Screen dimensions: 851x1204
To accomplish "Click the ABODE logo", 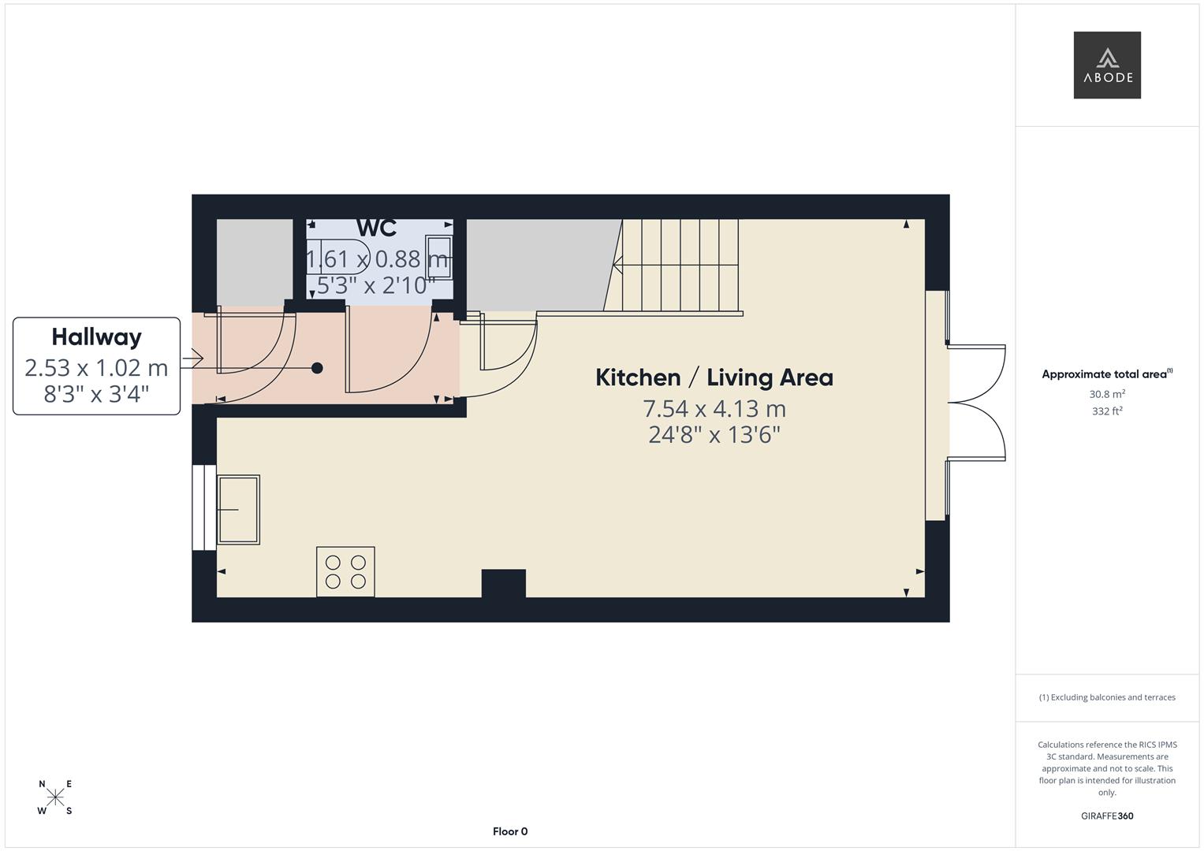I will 1106,65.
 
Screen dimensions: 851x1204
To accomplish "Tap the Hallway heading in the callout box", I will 96,337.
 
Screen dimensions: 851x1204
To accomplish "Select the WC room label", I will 376,228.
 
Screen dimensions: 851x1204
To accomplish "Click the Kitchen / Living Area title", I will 714,377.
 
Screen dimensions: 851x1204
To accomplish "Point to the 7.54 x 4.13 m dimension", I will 714,409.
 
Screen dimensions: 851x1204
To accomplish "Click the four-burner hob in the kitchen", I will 345,571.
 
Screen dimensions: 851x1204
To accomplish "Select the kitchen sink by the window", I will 238,509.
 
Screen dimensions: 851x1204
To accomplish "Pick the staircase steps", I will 680,266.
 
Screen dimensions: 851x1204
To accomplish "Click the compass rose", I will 55,797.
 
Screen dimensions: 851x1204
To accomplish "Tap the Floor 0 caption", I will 510,831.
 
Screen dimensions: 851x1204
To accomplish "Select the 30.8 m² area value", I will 1107,394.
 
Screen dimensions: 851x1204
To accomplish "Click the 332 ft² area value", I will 1107,411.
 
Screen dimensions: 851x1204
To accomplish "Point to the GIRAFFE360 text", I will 1107,816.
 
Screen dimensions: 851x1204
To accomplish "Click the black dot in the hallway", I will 317,368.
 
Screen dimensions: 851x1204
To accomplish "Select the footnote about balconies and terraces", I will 1107,697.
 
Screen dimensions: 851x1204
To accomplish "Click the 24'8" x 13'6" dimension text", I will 714,435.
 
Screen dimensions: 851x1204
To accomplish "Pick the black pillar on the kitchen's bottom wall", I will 504,584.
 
